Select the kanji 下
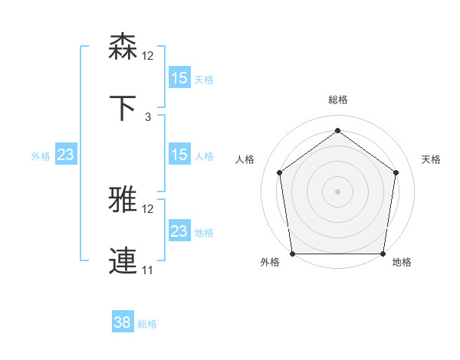[x=123, y=107]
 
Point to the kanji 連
[x=123, y=260]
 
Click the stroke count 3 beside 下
[x=148, y=116]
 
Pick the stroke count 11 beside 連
[x=148, y=270]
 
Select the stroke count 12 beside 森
[x=148, y=55]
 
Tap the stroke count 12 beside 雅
[x=148, y=208]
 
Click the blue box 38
[x=123, y=322]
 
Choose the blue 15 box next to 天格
[x=179, y=78]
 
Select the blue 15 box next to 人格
[x=179, y=155]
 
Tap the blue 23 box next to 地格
[x=179, y=231]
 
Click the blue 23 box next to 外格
[x=66, y=155]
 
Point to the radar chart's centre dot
[x=337, y=191]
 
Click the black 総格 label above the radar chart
[x=338, y=100]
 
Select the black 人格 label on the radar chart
[x=245, y=159]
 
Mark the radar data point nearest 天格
[x=396, y=172]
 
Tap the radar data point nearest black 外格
[x=292, y=254]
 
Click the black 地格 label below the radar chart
[x=402, y=262]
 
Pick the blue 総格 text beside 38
[x=147, y=324]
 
